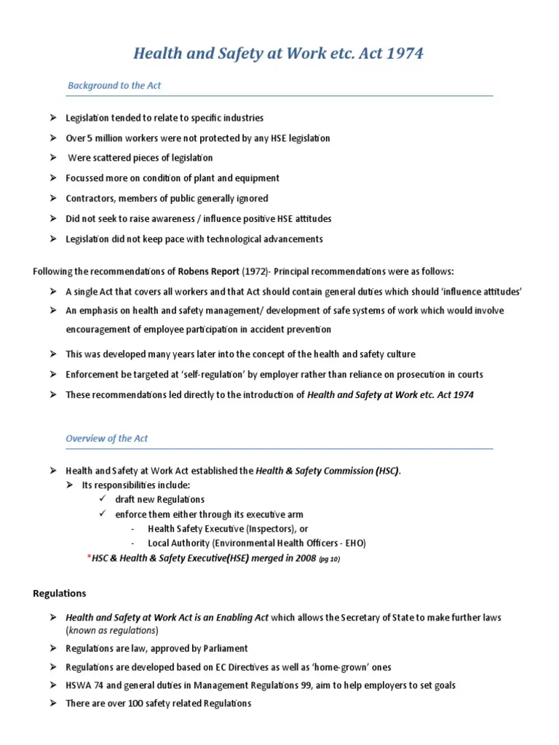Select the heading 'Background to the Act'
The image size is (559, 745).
pos(114,86)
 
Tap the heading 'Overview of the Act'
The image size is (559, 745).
pos(107,439)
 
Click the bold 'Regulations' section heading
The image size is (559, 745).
pos(60,594)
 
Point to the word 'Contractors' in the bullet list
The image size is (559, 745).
pos(89,199)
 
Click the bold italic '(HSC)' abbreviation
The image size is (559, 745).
pos(387,471)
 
